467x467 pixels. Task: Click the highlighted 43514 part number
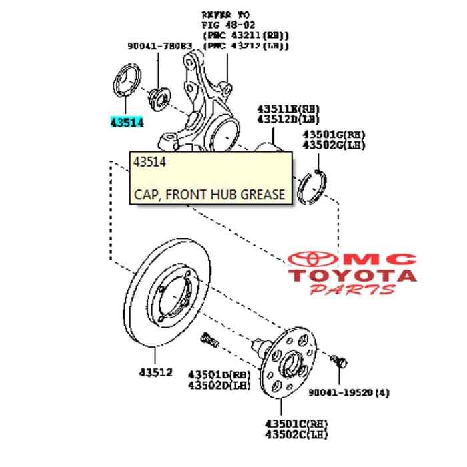pos(127,123)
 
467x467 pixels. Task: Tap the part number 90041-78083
pos(159,47)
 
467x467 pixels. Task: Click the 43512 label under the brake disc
pos(155,372)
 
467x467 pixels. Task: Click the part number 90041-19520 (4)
pos(348,393)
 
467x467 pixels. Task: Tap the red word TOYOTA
pos(353,275)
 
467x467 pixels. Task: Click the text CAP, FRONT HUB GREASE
pos(209,195)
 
